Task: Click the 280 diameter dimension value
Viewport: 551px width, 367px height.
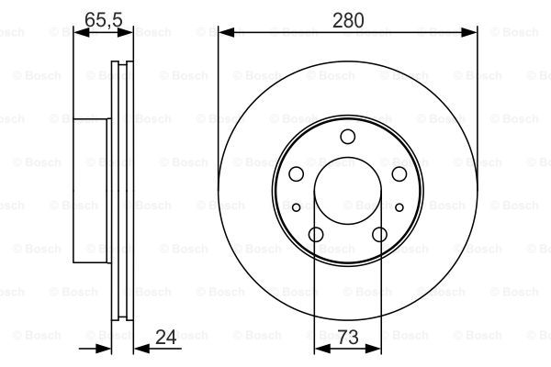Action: [348, 20]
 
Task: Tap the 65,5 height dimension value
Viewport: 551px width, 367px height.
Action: [103, 19]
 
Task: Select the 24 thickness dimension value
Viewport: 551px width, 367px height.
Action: [165, 337]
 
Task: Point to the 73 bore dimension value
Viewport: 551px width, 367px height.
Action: [348, 337]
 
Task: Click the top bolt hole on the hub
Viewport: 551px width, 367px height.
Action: [347, 137]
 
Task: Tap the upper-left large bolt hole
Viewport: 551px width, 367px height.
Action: [296, 173]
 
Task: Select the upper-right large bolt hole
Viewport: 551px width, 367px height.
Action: [399, 173]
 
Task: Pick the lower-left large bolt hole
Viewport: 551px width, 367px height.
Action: [316, 234]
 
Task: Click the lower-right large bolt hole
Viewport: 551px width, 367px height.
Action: [379, 234]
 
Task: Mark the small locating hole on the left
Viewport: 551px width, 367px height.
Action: [297, 207]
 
